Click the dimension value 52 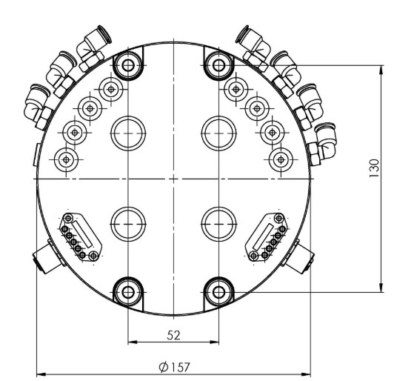click(173, 335)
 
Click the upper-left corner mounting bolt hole click(128, 64)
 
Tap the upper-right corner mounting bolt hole click(218, 64)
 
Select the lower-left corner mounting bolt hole click(128, 291)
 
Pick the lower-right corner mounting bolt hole click(218, 291)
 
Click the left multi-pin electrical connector click(80, 237)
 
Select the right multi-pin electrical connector click(267, 237)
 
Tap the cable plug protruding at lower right click(304, 258)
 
